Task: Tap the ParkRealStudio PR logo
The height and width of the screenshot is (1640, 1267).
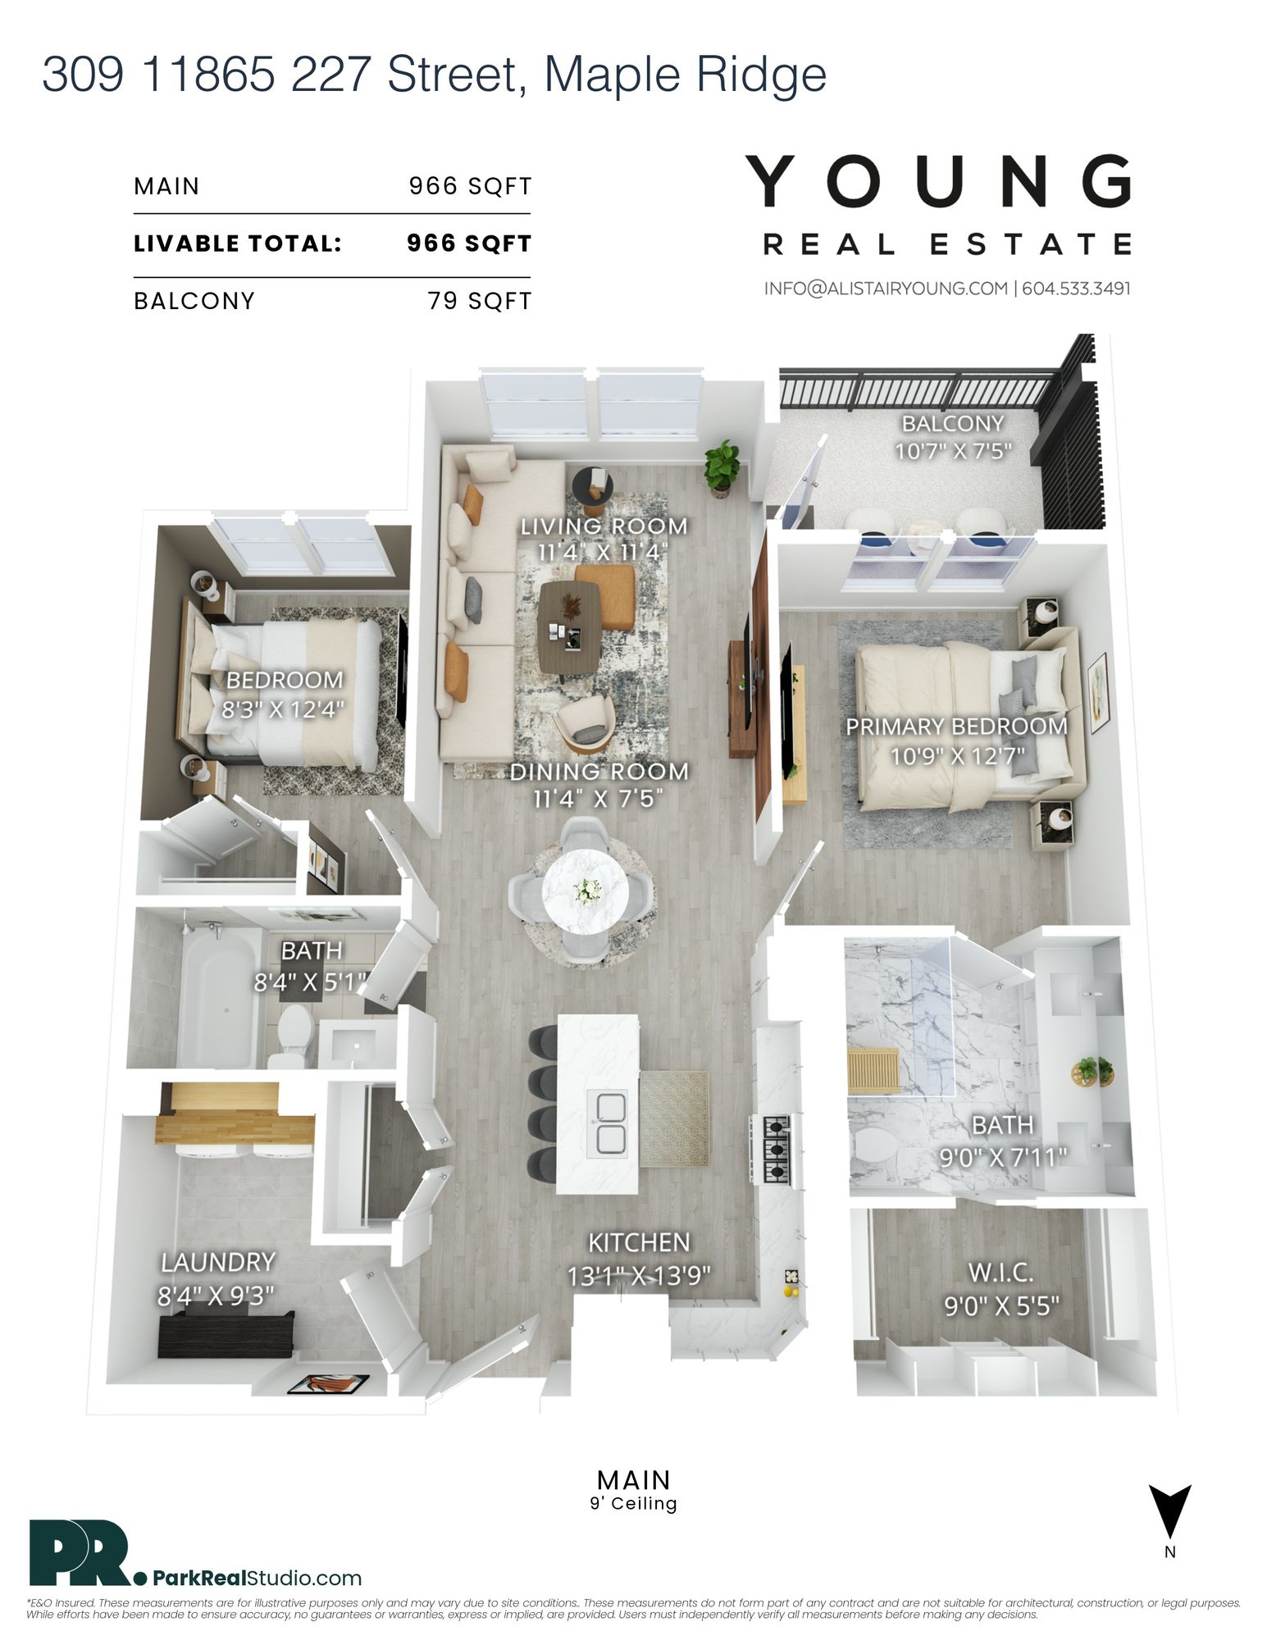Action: tap(83, 1553)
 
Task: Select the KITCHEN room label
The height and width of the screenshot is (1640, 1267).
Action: tap(639, 1243)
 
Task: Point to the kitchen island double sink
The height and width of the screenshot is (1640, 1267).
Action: tap(607, 1123)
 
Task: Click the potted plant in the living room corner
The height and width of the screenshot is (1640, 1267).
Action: tap(722, 467)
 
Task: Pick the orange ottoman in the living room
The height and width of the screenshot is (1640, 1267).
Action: tap(605, 596)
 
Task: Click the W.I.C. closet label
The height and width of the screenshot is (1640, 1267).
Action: tap(1000, 1273)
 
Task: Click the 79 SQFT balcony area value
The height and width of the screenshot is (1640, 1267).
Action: tap(479, 301)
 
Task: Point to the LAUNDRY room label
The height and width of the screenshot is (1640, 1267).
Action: tap(217, 1263)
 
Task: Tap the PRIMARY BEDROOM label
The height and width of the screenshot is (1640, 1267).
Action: tap(956, 727)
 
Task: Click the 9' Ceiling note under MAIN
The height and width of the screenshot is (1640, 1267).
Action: tap(633, 1504)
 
